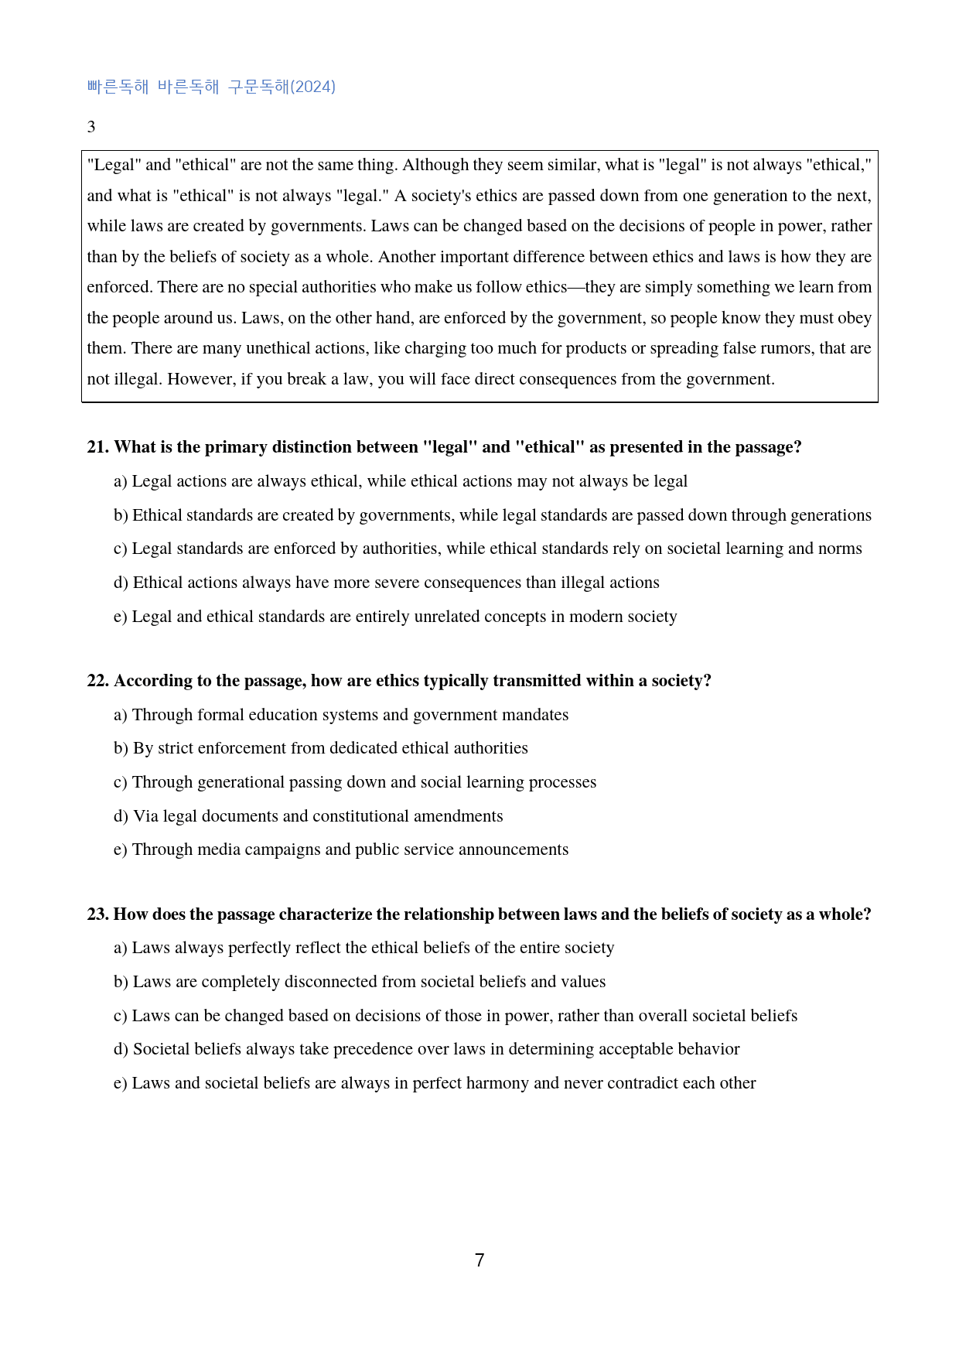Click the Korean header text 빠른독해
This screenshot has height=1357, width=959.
click(x=118, y=87)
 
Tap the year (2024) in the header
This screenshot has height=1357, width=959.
click(x=312, y=87)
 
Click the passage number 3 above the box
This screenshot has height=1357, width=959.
click(x=91, y=127)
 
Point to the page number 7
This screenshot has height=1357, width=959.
click(x=479, y=1260)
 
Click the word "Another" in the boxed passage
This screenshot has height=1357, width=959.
click(x=406, y=257)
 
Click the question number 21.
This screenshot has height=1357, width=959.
click(x=97, y=447)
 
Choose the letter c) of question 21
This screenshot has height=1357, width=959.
click(x=120, y=549)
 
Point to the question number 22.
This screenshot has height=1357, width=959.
click(x=97, y=681)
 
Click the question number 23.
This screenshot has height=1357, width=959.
click(x=97, y=914)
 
